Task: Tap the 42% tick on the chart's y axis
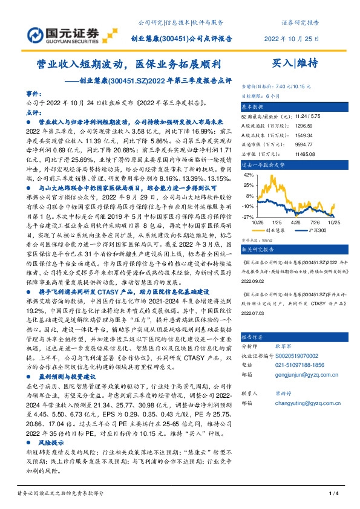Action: tap(247, 175)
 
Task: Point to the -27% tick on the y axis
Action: tap(247, 216)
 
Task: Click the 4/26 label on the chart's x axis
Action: tap(296, 222)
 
